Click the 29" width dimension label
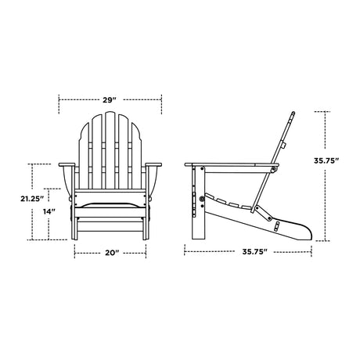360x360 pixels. click(109, 100)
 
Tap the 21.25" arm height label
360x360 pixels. click(32, 199)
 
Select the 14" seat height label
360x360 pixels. click(49, 211)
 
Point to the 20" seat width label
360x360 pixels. click(112, 253)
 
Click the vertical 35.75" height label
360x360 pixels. click(326, 160)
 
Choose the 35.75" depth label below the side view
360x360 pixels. click(255, 252)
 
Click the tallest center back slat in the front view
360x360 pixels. click(110, 150)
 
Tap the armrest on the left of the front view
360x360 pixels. click(67, 164)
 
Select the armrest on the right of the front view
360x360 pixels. click(153, 164)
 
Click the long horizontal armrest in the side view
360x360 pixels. click(232, 164)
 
